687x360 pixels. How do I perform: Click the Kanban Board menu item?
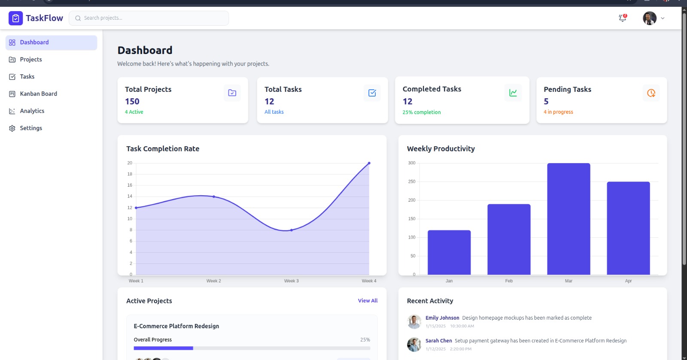pyautogui.click(x=38, y=94)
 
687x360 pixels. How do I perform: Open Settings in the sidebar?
pyautogui.click(x=31, y=128)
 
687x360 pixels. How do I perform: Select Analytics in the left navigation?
pyautogui.click(x=32, y=111)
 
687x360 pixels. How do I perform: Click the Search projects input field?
pyautogui.click(x=149, y=18)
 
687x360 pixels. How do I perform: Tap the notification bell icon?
pyautogui.click(x=622, y=18)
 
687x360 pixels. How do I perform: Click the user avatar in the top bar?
pyautogui.click(x=649, y=18)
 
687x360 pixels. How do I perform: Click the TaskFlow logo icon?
pyautogui.click(x=15, y=18)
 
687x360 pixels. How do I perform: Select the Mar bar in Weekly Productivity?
pyautogui.click(x=568, y=219)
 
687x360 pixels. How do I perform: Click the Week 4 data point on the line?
pyautogui.click(x=369, y=163)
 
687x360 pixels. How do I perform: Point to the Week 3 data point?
pyautogui.click(x=292, y=230)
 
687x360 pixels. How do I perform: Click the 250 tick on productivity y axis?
pyautogui.click(x=412, y=182)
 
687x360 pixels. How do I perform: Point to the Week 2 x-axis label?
pyautogui.click(x=213, y=281)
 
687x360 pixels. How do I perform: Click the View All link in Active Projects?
pyautogui.click(x=368, y=301)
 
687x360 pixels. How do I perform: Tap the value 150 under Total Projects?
pyautogui.click(x=132, y=101)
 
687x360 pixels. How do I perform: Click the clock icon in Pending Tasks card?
pyautogui.click(x=651, y=93)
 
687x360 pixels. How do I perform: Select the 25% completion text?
pyautogui.click(x=421, y=112)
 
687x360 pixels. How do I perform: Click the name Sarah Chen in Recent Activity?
pyautogui.click(x=438, y=341)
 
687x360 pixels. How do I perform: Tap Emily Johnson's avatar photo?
pyautogui.click(x=414, y=321)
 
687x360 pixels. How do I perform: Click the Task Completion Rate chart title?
pyautogui.click(x=163, y=149)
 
